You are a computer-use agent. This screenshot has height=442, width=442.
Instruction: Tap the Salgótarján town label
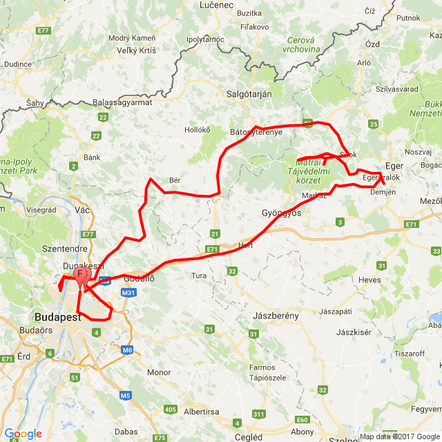249,95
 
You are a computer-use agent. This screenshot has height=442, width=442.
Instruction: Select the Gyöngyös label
282,213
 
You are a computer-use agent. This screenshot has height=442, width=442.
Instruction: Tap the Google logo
23,434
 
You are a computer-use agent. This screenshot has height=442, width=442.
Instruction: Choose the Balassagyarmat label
122,102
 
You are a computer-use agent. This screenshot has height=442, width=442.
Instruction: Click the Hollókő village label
197,129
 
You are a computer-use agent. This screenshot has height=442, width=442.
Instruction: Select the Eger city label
394,166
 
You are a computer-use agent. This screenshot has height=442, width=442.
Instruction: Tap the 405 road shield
170,410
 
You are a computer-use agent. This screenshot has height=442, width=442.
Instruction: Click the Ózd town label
372,44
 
